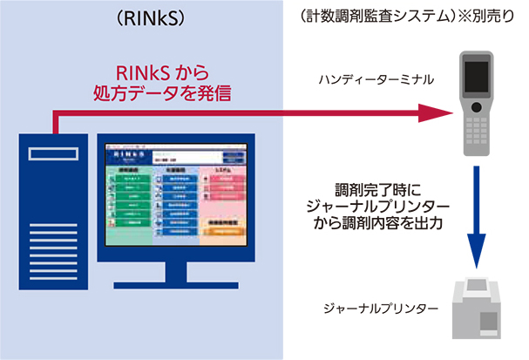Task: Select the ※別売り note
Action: [474, 18]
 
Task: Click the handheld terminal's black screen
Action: [478, 77]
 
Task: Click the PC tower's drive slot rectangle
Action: [53, 156]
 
